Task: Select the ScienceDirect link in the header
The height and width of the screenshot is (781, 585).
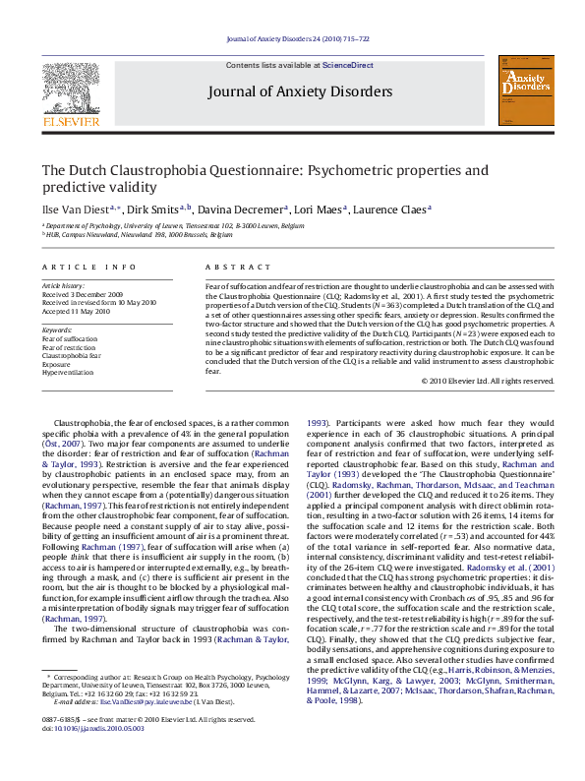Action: tap(348, 64)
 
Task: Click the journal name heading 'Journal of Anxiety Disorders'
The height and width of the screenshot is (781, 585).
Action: tap(299, 92)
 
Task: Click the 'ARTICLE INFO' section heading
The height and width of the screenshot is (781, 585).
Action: tap(89, 267)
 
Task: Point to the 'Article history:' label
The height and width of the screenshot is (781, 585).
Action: tap(64, 285)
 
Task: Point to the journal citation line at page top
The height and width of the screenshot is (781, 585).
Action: tap(297, 39)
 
